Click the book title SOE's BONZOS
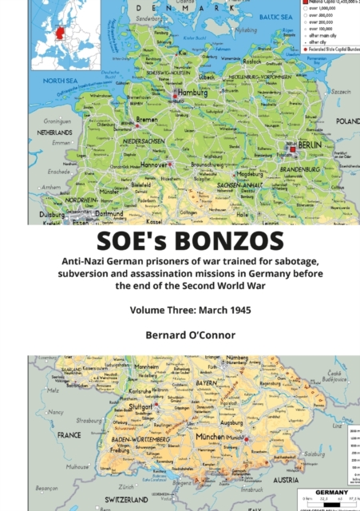pos(180,241)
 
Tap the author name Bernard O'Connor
pos(180,336)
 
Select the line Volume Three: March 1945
pos(180,313)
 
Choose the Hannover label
pos(154,164)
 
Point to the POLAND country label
pos(347,121)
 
